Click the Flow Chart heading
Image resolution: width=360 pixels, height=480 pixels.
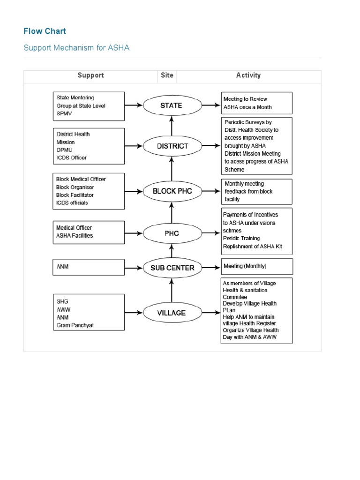(45, 31)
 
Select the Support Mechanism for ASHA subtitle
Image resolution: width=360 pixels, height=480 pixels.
(76, 48)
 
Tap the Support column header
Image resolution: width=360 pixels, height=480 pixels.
(90, 75)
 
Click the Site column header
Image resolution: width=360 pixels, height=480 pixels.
(166, 75)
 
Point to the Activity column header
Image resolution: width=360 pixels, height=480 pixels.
(248, 75)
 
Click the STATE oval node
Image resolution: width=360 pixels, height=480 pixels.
(171, 105)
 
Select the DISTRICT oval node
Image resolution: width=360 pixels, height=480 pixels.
(172, 146)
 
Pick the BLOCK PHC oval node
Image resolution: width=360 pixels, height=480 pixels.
(172, 191)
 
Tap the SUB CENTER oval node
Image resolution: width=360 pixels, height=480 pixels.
(172, 268)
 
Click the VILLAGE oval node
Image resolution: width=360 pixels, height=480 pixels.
(172, 313)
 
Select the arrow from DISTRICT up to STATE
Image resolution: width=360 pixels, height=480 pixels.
(172, 126)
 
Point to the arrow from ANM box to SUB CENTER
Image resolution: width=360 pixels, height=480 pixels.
(134, 268)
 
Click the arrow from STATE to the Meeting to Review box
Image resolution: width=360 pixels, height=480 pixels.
(210, 105)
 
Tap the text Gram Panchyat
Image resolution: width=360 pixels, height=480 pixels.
(75, 325)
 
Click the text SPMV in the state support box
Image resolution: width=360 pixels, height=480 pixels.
(65, 113)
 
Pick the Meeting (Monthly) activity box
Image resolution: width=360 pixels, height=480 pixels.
(257, 266)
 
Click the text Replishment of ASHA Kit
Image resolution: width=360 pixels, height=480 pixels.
(252, 247)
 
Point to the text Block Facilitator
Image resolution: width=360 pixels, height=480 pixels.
(75, 195)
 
